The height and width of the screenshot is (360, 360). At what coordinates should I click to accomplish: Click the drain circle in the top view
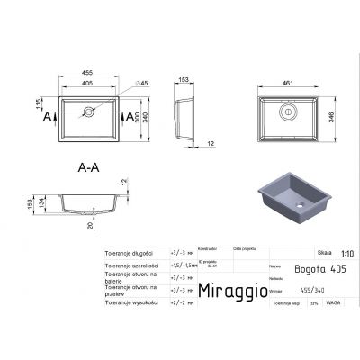[90, 114]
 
